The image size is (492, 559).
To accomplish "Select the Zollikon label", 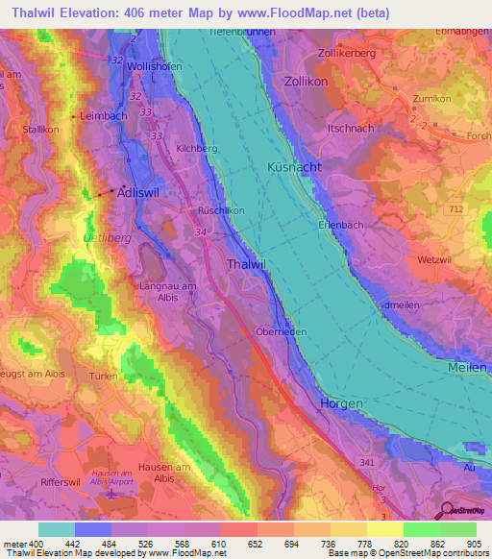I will coord(307,83).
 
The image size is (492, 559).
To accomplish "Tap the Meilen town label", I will coord(468,368).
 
